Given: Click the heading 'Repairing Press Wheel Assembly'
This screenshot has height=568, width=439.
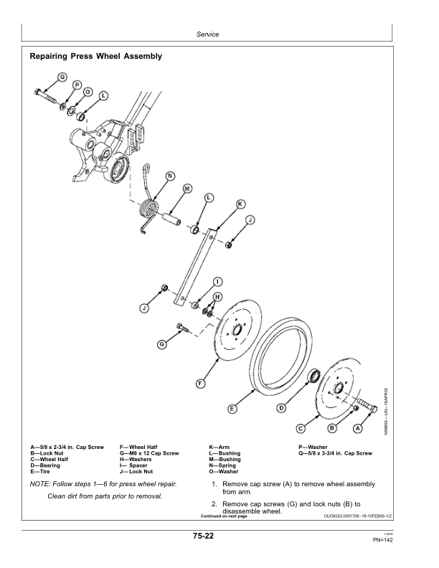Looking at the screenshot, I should pyautogui.click(x=95, y=56).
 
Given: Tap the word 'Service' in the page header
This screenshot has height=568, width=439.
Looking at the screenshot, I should pyautogui.click(x=207, y=34).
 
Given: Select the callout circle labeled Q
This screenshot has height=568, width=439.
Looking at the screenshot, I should pyautogui.click(x=62, y=77).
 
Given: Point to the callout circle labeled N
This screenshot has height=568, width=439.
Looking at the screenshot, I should pyautogui.click(x=169, y=176).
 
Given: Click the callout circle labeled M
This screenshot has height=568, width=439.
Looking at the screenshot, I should pyautogui.click(x=187, y=189).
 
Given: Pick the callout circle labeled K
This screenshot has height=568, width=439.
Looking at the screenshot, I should pyautogui.click(x=240, y=204).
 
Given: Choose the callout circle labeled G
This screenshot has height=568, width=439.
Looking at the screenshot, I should pyautogui.click(x=162, y=344).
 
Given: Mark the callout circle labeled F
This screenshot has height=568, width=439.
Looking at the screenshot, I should pyautogui.click(x=200, y=384).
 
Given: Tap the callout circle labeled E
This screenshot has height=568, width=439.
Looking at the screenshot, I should pyautogui.click(x=232, y=409).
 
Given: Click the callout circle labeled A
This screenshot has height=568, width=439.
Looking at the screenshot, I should pyautogui.click(x=357, y=428).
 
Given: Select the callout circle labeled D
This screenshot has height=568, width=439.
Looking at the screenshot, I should pyautogui.click(x=281, y=408).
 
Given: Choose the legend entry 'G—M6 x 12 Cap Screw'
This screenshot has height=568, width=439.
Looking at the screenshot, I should pyautogui.click(x=149, y=454).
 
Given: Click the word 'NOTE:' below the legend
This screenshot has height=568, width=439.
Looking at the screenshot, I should pyautogui.click(x=41, y=485).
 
